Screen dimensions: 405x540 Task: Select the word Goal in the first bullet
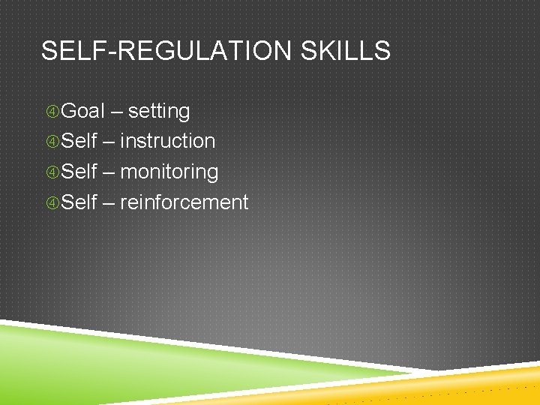(x=82, y=111)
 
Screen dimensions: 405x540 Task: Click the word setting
(x=159, y=112)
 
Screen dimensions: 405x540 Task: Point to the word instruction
(x=168, y=141)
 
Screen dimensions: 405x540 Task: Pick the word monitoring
(x=169, y=172)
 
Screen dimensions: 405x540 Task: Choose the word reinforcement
(x=184, y=202)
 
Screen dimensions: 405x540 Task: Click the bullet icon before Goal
(x=52, y=112)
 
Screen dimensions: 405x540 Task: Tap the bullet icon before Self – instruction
(x=52, y=142)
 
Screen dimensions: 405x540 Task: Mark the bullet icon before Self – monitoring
(x=52, y=172)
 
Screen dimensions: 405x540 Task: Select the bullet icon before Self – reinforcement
(x=52, y=202)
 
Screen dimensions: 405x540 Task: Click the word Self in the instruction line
(x=79, y=141)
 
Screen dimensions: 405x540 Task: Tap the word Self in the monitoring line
(x=79, y=172)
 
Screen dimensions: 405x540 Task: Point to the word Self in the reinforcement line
(x=79, y=202)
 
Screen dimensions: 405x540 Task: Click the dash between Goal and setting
(x=117, y=112)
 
